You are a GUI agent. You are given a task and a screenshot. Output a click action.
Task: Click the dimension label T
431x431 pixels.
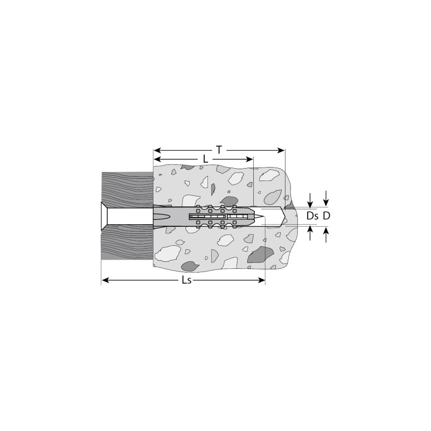(219, 150)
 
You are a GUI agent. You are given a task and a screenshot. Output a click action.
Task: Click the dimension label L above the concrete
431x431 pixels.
(205, 159)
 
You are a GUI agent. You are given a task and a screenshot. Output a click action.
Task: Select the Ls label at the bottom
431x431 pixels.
(186, 280)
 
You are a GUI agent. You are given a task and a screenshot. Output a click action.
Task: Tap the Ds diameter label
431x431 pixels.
(312, 216)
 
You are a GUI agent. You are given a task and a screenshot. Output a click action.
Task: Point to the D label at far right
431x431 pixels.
(326, 216)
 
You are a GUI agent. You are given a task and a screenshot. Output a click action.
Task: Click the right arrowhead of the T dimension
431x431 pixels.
(281, 150)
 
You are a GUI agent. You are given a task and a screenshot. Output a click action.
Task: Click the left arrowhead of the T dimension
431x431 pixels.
(157, 150)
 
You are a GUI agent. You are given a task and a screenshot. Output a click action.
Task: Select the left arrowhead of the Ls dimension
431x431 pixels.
(106, 280)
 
